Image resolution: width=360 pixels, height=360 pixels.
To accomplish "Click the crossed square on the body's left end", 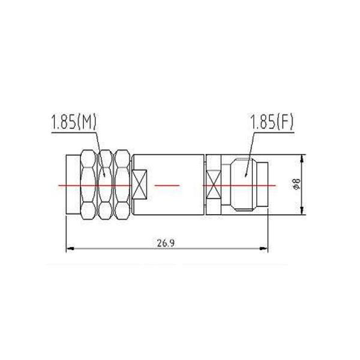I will click(x=140, y=185).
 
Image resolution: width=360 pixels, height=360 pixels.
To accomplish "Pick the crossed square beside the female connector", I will click(x=213, y=185).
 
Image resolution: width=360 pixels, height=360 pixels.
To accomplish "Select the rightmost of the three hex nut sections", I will click(x=122, y=185).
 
